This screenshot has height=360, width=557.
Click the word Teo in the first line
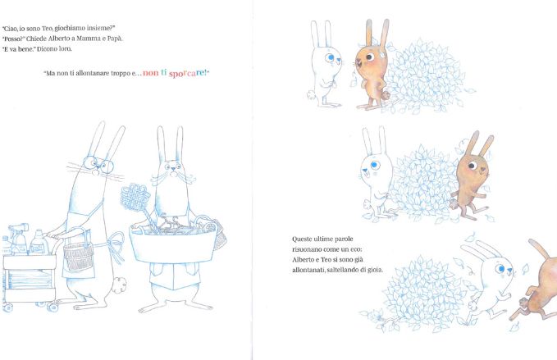coord(48,28)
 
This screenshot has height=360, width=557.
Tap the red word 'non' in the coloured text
coord(151,73)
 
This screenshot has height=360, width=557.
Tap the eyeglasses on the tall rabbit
coord(98,164)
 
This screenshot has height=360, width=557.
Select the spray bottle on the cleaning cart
coord(19,239)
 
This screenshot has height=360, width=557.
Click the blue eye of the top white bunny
coord(331,57)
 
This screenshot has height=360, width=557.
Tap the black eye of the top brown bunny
coord(369,57)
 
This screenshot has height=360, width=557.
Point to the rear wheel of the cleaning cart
coord(53,307)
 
